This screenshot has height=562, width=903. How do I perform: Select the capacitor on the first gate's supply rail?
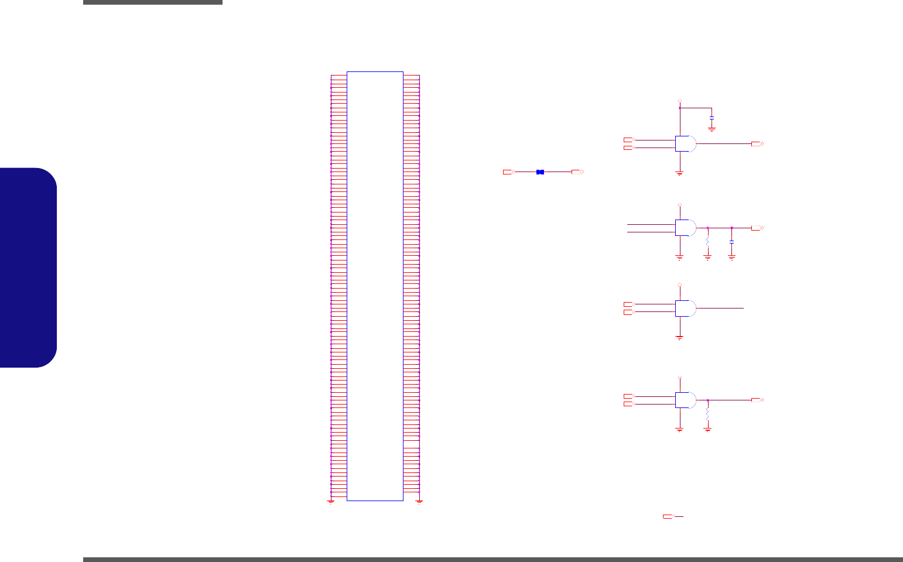pos(712,118)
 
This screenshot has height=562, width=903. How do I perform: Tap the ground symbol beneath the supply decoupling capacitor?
pos(712,128)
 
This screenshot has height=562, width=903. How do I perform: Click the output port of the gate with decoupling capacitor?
pos(757,143)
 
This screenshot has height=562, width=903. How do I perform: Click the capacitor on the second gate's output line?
pos(731,242)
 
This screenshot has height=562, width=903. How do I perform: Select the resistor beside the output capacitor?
pos(707,241)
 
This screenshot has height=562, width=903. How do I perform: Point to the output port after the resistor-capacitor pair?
pos(757,228)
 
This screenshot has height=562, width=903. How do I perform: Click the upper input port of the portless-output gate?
pos(628,304)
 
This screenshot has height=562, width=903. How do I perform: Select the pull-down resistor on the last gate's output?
pos(707,413)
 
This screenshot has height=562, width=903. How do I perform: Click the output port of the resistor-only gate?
pos(757,400)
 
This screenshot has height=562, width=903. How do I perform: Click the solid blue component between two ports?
pos(540,172)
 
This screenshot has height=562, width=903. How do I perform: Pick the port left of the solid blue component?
pos(508,172)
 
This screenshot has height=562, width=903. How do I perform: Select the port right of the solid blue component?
pos(577,172)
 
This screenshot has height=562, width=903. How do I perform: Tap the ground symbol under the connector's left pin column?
pos(331,502)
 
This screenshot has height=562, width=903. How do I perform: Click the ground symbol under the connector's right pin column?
pos(419,502)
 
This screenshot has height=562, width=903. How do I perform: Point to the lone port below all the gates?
pos(668,516)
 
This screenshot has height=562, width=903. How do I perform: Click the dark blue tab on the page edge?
pos(29,268)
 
